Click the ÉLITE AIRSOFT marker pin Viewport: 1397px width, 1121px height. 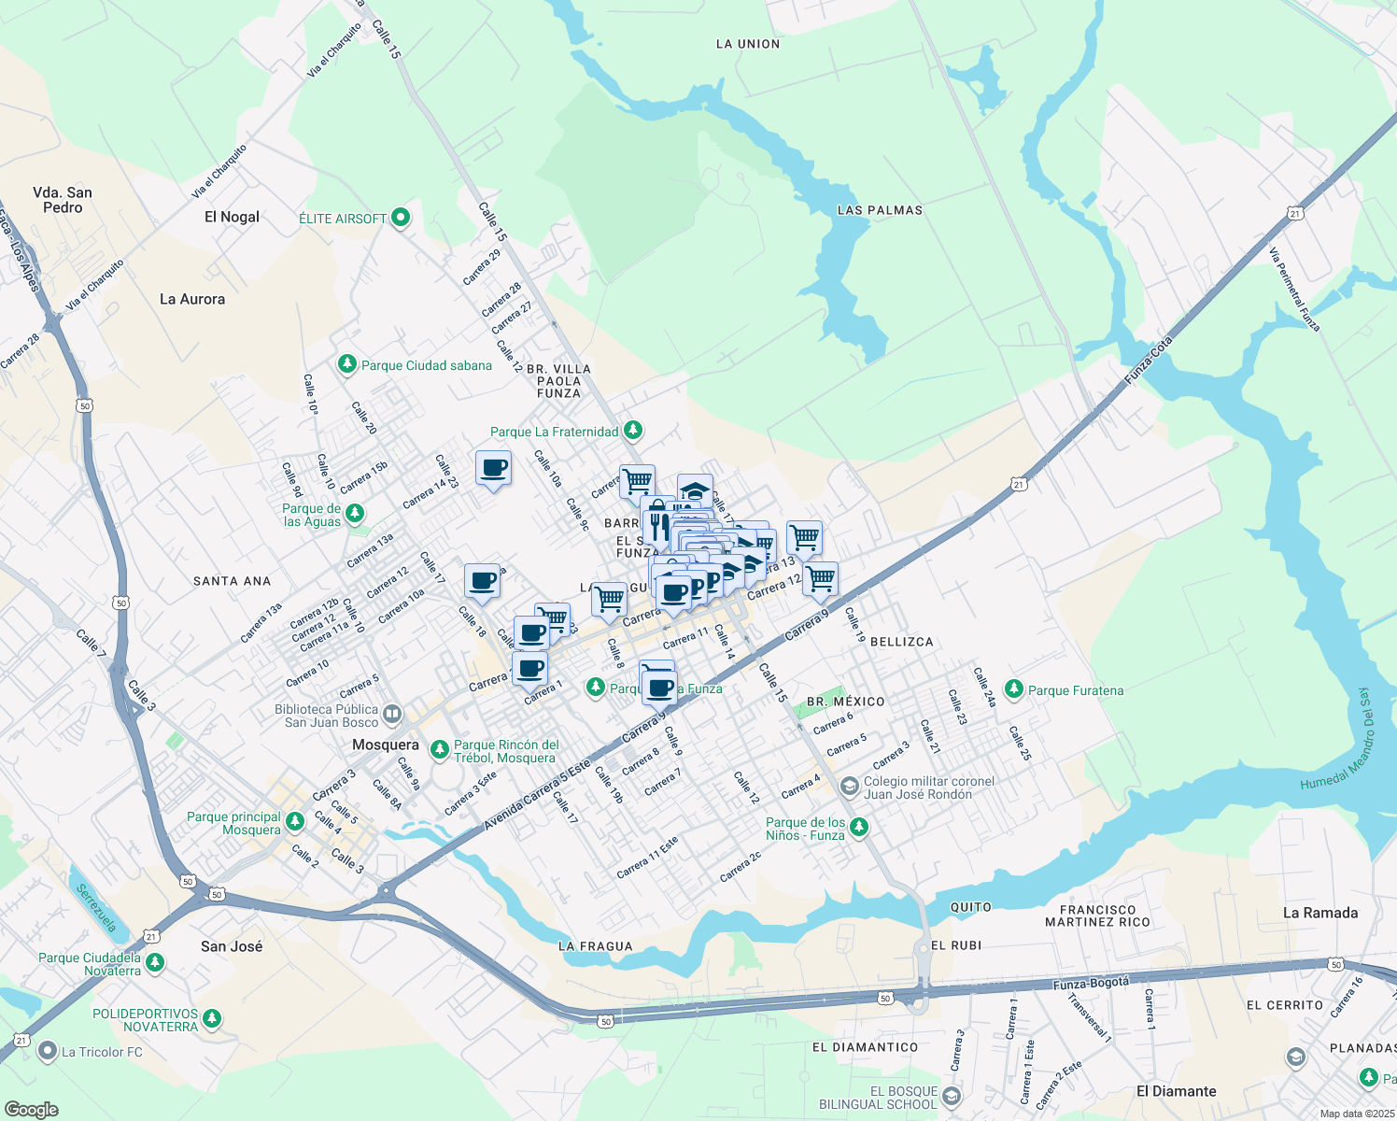[401, 218]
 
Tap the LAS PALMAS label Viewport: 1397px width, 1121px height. [880, 210]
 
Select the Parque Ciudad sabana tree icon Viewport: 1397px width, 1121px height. [347, 364]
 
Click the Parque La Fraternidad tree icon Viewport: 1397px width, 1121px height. [634, 431]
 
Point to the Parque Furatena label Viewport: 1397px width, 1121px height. [1076, 690]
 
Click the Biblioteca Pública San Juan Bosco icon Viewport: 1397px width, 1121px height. [392, 715]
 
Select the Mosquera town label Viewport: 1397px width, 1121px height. [385, 745]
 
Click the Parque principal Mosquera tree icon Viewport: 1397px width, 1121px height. [295, 822]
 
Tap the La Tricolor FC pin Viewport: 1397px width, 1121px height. [47, 1052]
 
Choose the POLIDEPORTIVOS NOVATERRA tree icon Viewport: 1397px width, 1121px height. [212, 1019]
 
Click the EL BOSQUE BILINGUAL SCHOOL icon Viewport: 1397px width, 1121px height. [952, 1096]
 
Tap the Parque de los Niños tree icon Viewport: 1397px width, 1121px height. [859, 828]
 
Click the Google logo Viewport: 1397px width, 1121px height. [31, 1109]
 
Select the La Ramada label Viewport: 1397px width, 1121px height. [1319, 913]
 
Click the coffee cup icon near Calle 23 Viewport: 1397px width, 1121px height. [493, 468]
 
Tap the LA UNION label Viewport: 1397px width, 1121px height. [747, 44]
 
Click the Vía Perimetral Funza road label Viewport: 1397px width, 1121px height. [1294, 290]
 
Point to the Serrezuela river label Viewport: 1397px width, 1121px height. [96, 908]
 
